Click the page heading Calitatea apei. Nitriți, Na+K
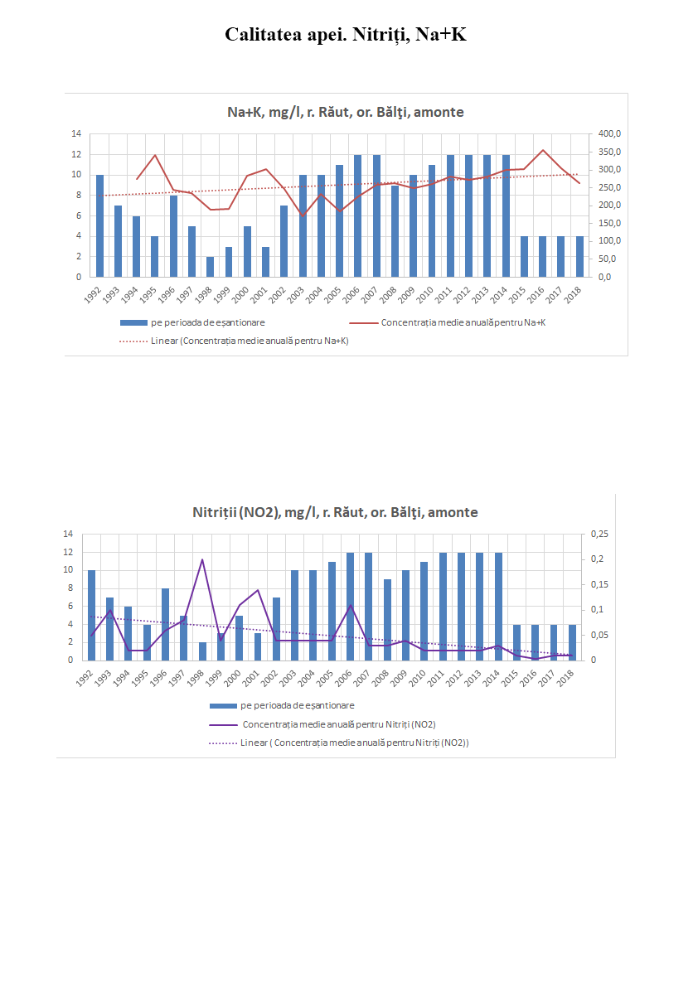(x=346, y=35)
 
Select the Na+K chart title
(x=346, y=112)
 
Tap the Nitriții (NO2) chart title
(x=335, y=512)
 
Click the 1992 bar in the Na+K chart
(x=99, y=225)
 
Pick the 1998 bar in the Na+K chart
(x=211, y=266)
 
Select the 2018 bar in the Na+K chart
(x=580, y=256)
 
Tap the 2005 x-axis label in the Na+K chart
(x=336, y=291)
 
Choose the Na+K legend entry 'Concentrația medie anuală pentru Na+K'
(x=463, y=322)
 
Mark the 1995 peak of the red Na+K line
(x=155, y=155)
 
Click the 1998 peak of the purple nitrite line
(x=202, y=559)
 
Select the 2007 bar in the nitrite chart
(x=368, y=606)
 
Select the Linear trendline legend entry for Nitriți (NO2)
(x=354, y=743)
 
